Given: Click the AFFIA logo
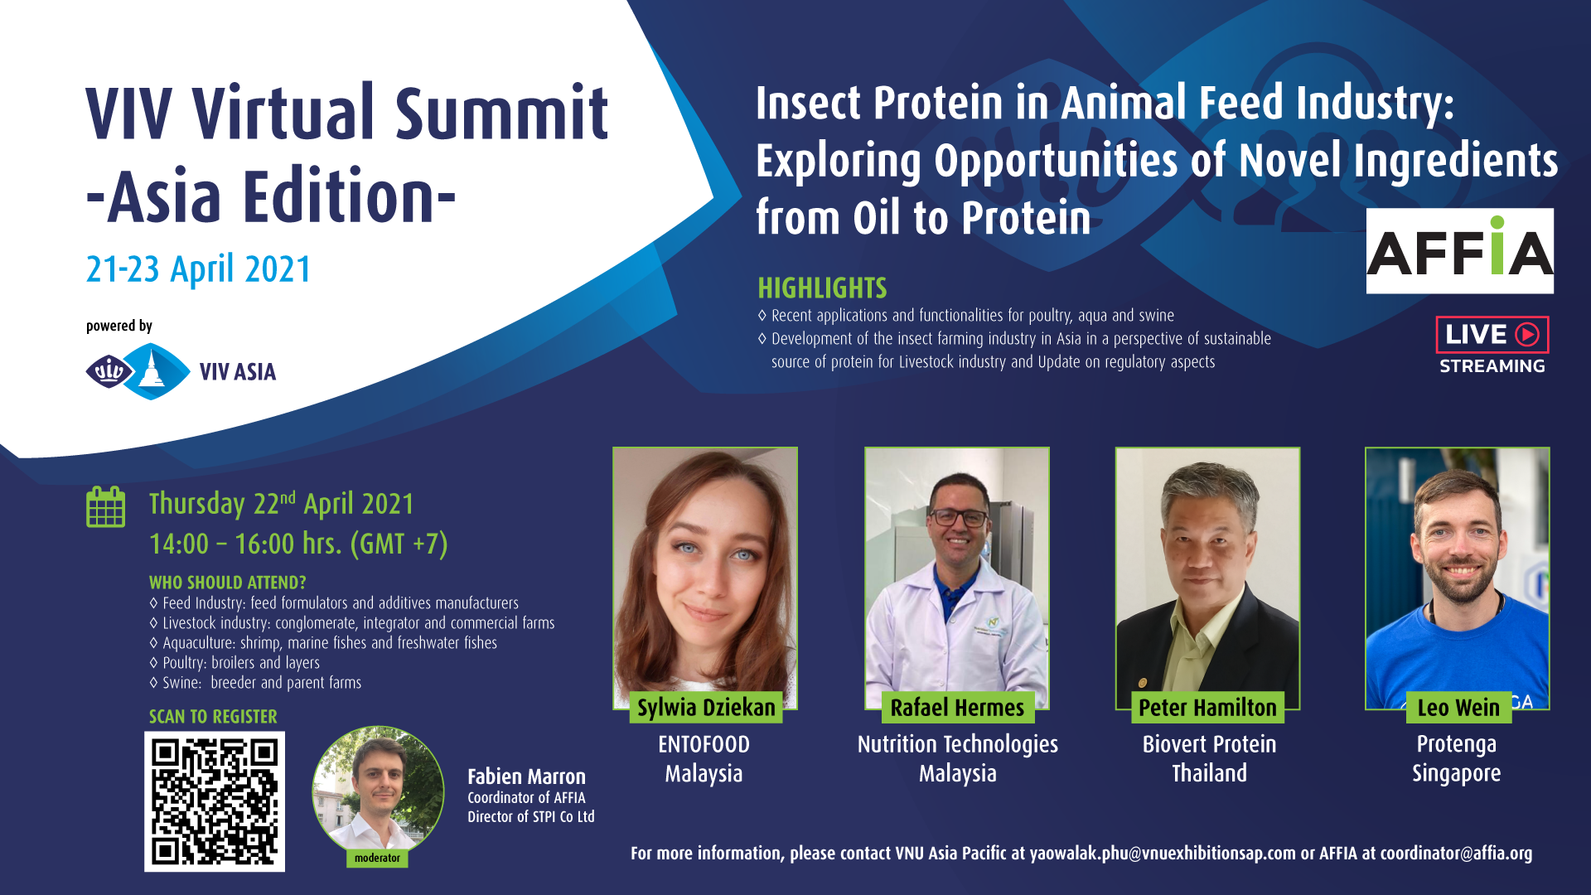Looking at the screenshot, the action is click(x=1459, y=251).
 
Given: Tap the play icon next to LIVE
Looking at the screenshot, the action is click(x=1527, y=334).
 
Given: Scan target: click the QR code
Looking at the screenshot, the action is click(x=215, y=801).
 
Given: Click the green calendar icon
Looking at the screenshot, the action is click(x=106, y=506).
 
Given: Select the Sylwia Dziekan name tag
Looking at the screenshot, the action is click(x=706, y=708).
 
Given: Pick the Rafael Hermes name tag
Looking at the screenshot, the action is click(x=957, y=708).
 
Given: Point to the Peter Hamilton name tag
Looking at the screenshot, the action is click(x=1207, y=708).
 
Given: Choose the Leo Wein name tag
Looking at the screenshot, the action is click(x=1458, y=708).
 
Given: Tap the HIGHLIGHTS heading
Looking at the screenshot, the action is click(x=822, y=288).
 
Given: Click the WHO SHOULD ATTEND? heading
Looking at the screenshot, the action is click(x=228, y=583).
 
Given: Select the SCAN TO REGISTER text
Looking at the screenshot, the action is click(x=213, y=717).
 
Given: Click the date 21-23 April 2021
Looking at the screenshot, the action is click(x=199, y=269).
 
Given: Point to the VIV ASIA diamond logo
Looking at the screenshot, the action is click(x=138, y=371).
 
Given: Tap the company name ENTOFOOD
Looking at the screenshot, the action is click(x=704, y=745).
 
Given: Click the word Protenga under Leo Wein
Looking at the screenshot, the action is click(x=1457, y=745).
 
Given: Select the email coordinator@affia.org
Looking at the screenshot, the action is click(x=1456, y=854).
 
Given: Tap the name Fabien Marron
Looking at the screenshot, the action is click(x=526, y=776).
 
